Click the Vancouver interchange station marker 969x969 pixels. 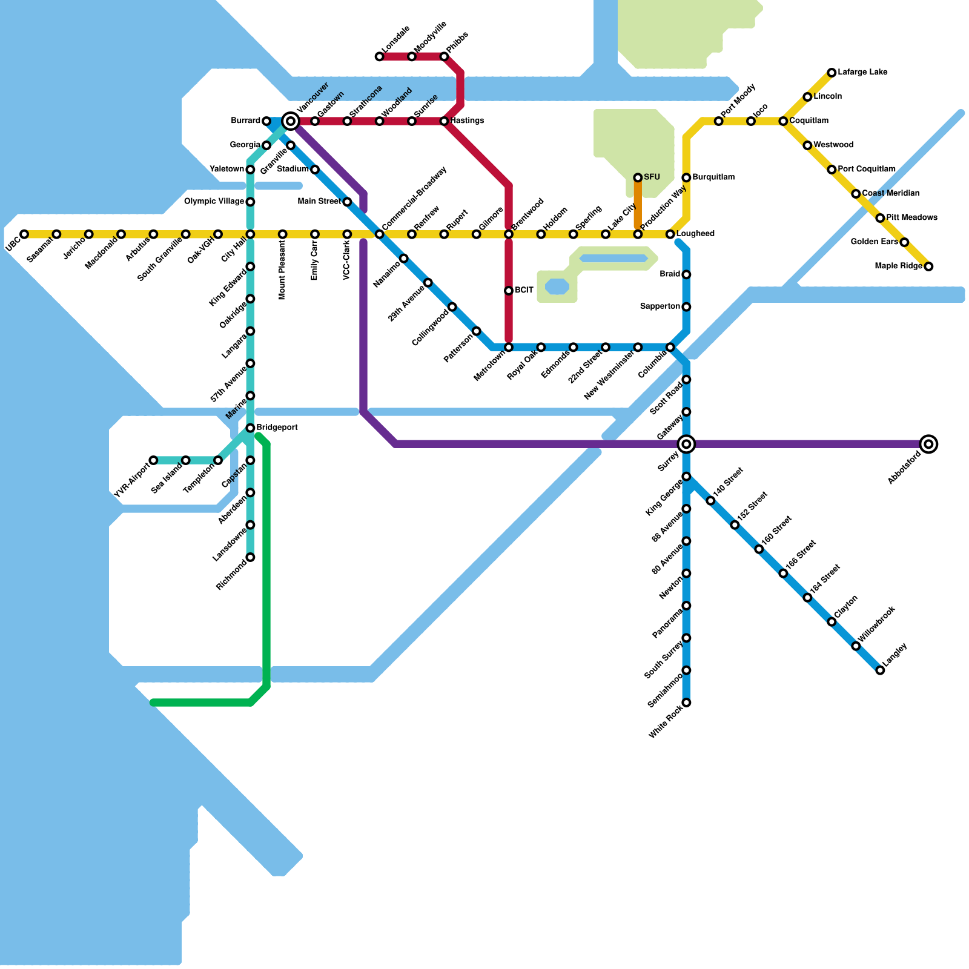291,121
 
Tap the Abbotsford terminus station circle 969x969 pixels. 928,444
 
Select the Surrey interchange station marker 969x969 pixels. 686,444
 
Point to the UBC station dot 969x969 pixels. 24,234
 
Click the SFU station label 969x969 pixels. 652,177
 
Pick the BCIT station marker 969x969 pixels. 509,291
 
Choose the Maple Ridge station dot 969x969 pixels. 928,266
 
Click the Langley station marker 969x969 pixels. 880,670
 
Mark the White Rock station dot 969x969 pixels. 686,703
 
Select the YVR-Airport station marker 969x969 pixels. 153,460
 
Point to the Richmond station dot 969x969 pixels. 250,557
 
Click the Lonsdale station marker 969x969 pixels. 380,56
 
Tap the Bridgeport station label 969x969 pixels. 277,428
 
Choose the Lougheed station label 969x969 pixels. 695,234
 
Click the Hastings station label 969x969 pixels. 467,121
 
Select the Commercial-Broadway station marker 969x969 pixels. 380,234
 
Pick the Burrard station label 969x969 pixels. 245,121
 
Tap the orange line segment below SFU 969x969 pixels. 638,206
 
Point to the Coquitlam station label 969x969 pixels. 809,121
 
